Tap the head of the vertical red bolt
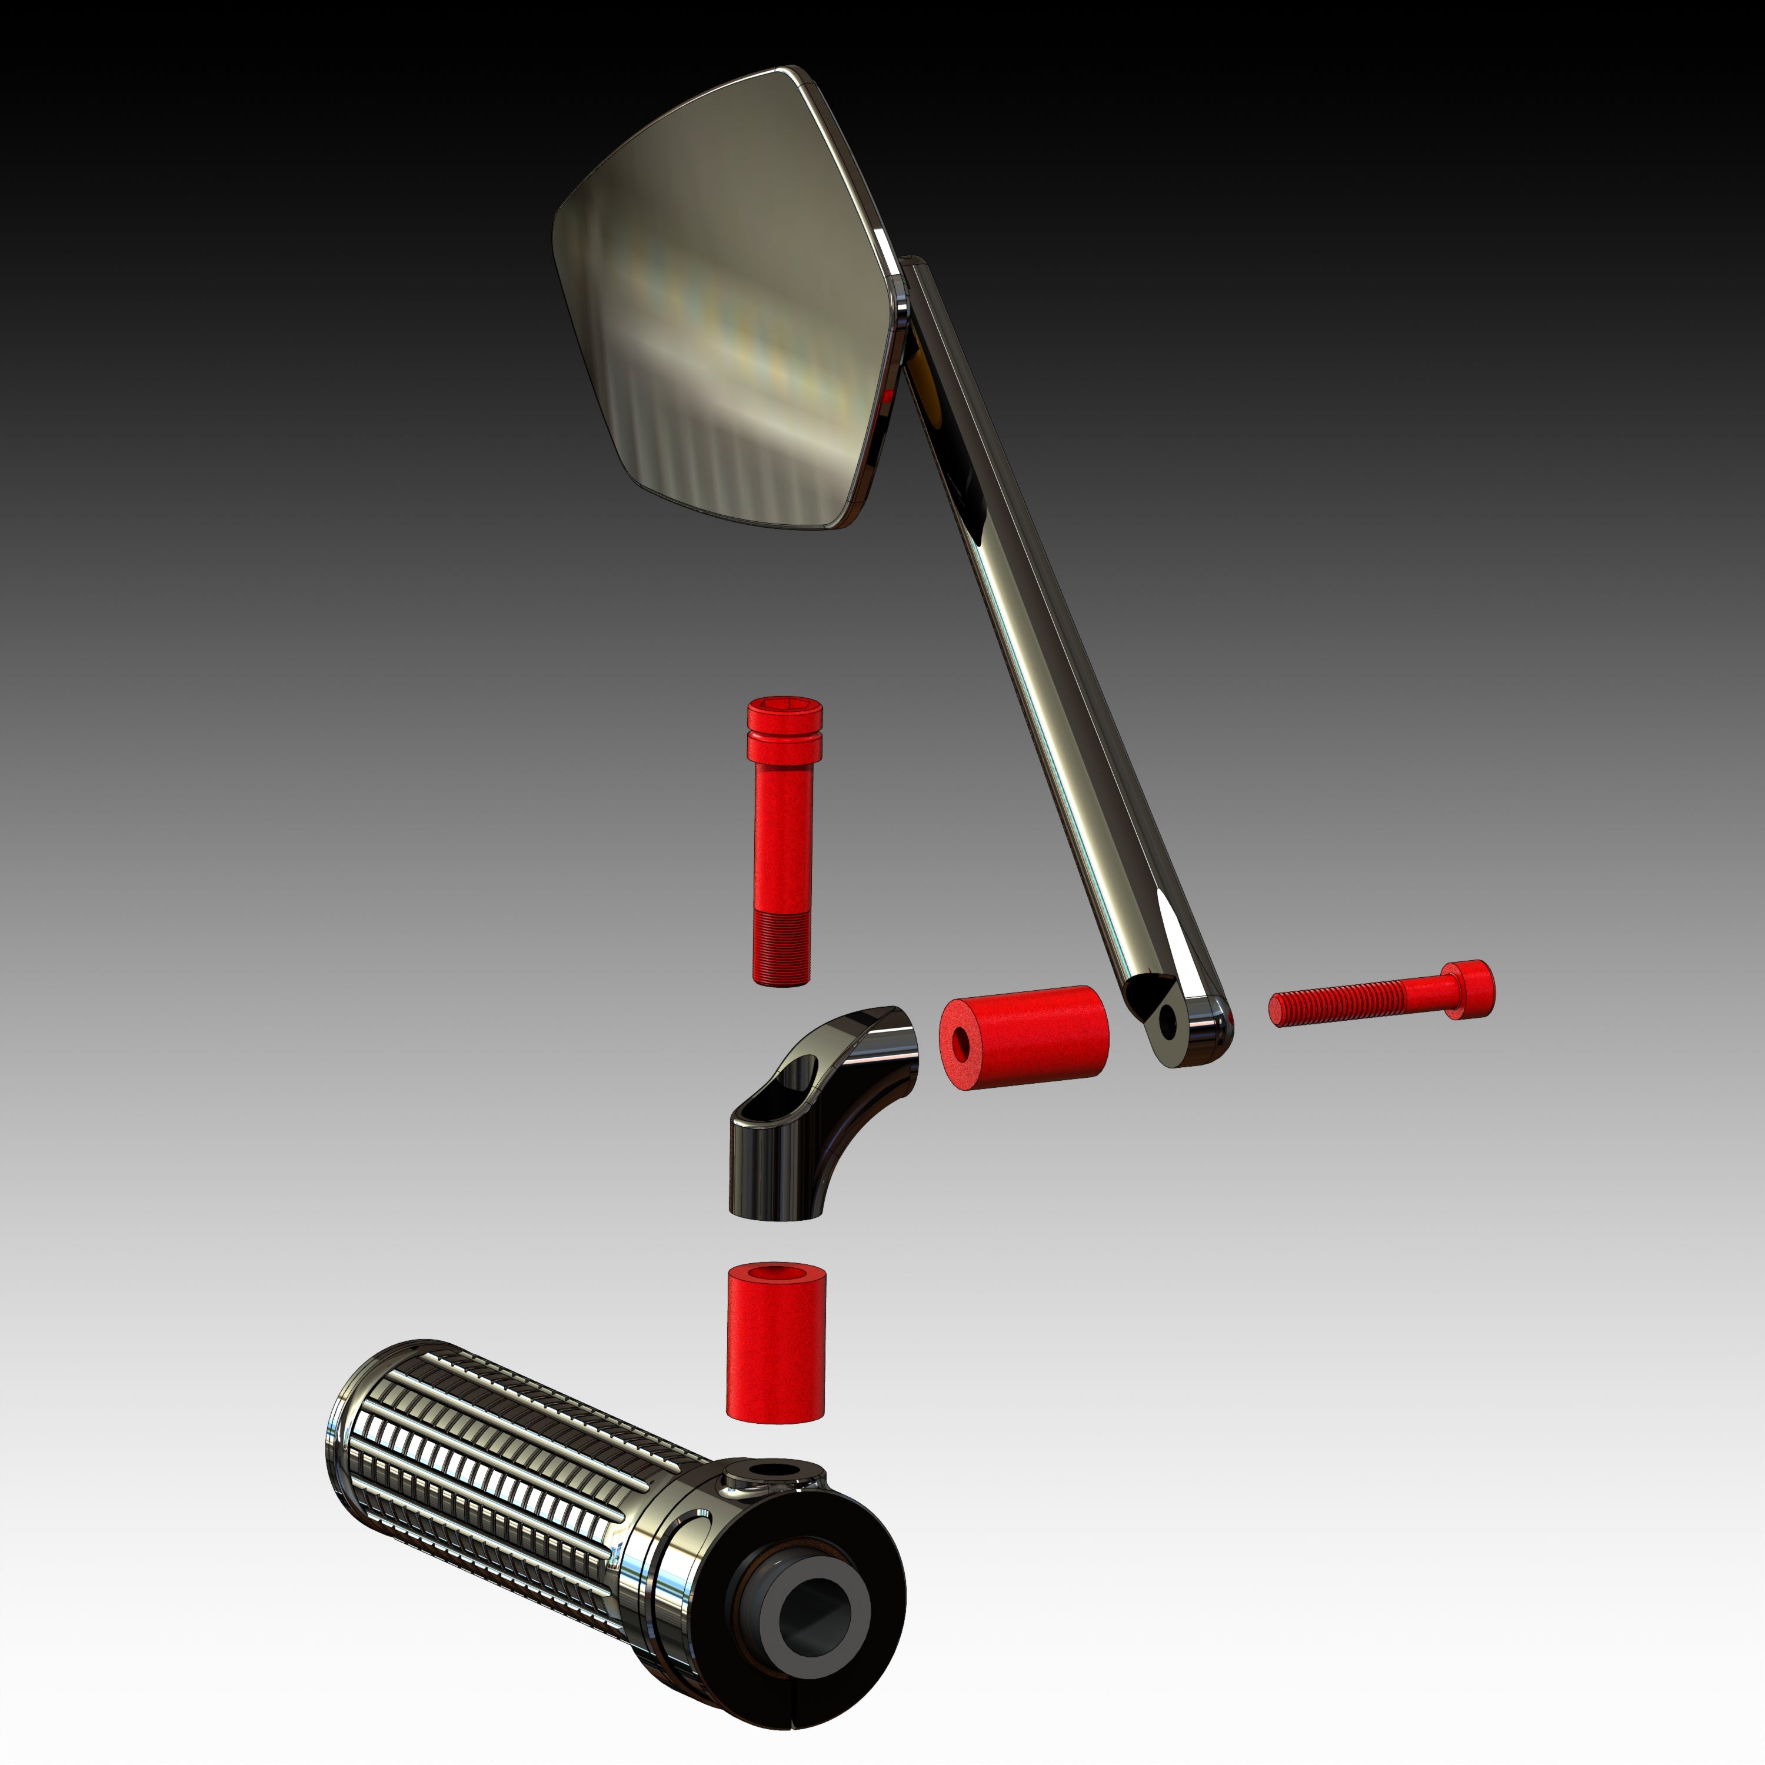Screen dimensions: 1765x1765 (784, 722)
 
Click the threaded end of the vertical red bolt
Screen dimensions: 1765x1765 (782, 950)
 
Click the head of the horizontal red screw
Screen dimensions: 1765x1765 (1471, 990)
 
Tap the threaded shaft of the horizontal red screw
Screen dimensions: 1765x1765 (1343, 1005)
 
